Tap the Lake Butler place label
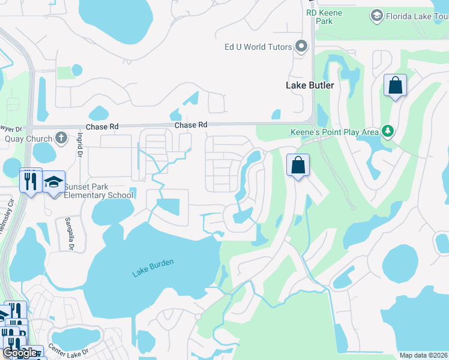pyautogui.click(x=310, y=85)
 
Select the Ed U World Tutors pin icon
pyautogui.click(x=302, y=46)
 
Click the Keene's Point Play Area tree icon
pyautogui.click(x=388, y=130)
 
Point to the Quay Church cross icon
pyautogui.click(x=61, y=139)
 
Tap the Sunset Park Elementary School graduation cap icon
pyautogui.click(x=54, y=182)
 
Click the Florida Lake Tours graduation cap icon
pyautogui.click(x=376, y=15)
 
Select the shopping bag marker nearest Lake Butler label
pyautogui.click(x=395, y=85)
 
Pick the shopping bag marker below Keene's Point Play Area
pyautogui.click(x=298, y=165)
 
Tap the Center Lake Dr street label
pyautogui.click(x=68, y=349)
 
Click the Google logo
pyautogui.click(x=20, y=353)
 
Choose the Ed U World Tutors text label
pyautogui.click(x=258, y=47)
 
